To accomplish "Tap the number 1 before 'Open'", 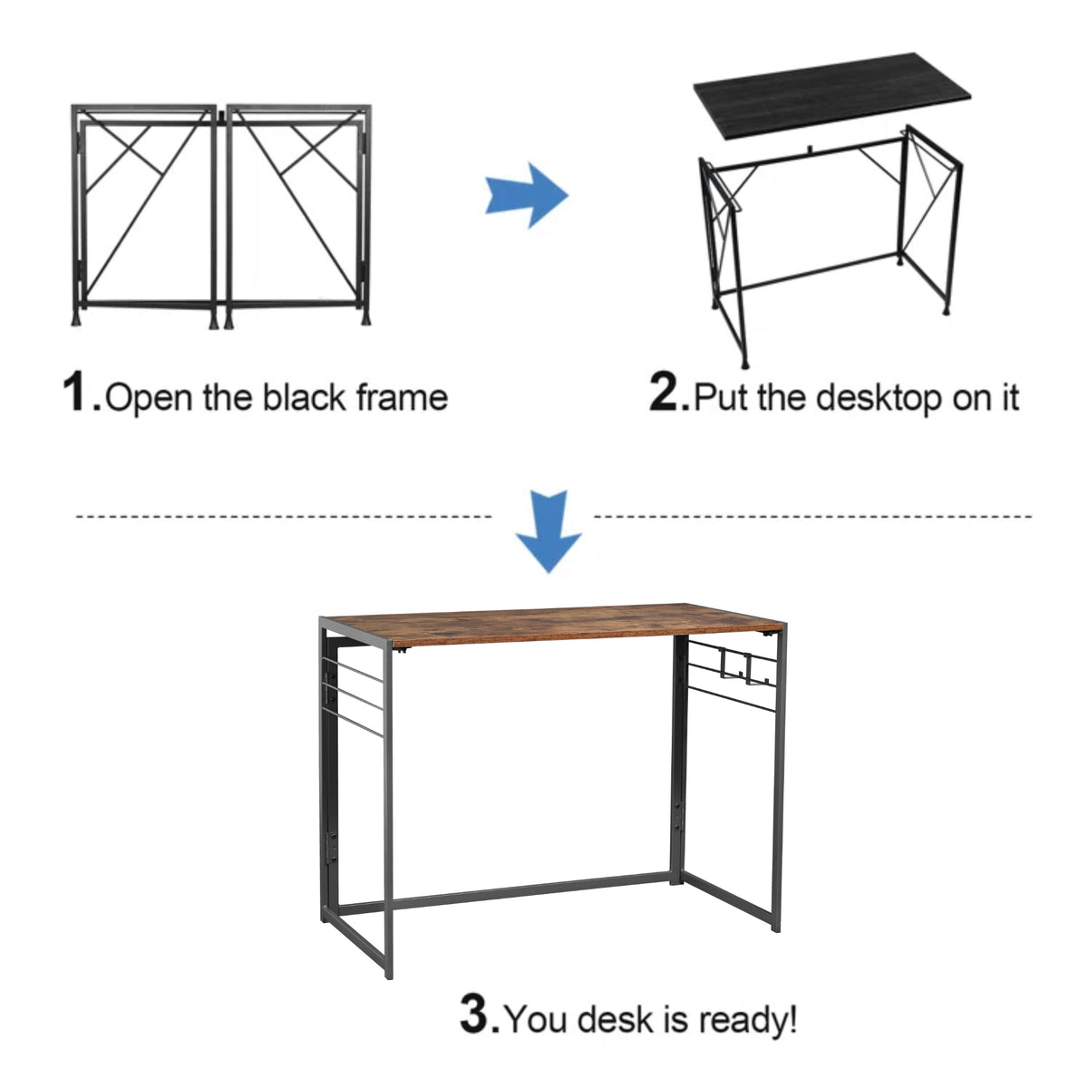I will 80,393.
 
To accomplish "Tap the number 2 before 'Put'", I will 668,393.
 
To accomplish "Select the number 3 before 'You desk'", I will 477,1015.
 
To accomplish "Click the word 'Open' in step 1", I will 149,399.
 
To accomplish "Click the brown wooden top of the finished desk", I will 553,621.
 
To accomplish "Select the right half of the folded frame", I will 297,213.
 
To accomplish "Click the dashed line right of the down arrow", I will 811,516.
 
